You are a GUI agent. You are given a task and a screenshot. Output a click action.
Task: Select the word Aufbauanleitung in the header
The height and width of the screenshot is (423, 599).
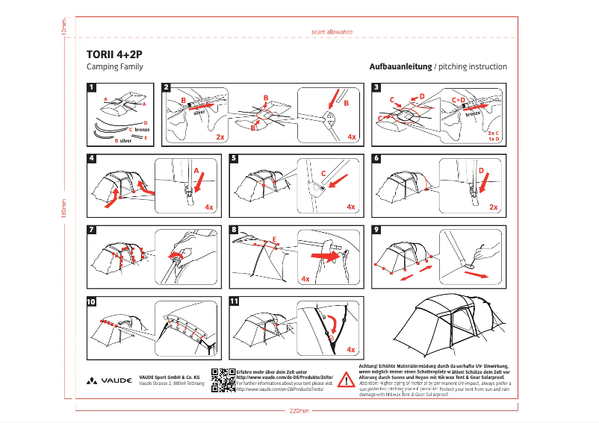point(400,66)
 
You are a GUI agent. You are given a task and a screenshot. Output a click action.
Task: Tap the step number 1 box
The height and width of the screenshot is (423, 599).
point(92,87)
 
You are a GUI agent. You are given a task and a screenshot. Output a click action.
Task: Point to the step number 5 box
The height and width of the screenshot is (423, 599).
point(235,158)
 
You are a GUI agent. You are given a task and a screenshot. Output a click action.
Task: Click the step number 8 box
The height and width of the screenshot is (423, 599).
point(235,230)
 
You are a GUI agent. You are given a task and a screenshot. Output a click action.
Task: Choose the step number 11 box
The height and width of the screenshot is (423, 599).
point(237,301)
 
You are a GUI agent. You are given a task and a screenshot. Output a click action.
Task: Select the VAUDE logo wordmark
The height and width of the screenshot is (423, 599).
point(111,380)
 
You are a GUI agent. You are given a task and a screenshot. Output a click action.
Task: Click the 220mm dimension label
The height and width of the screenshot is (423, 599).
point(299,411)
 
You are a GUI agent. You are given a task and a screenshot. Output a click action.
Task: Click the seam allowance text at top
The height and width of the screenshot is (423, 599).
point(332,32)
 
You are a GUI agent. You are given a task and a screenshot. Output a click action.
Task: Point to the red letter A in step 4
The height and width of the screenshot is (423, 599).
point(196,171)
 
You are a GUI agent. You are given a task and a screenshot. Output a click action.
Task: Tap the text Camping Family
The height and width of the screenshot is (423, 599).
point(115,66)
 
